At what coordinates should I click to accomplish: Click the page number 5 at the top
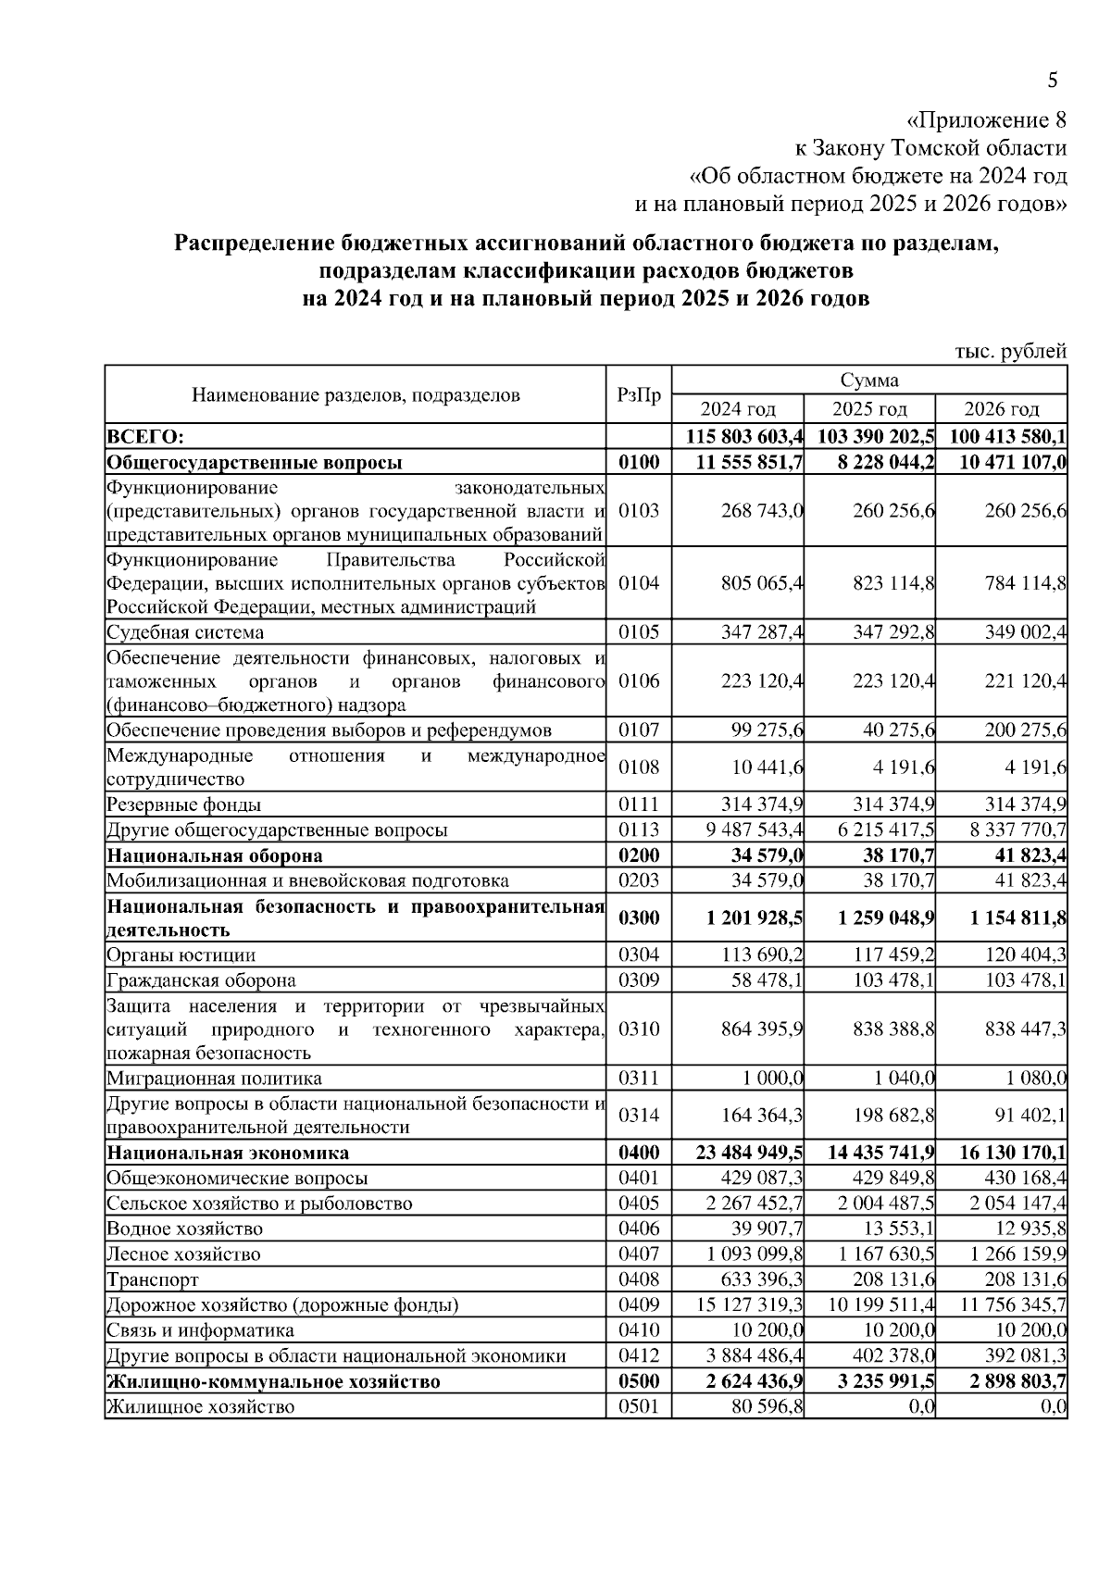tap(1053, 81)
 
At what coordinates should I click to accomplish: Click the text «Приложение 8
tap(986, 120)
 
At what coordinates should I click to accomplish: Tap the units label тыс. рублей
tap(1010, 351)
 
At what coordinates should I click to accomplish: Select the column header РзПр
tap(639, 395)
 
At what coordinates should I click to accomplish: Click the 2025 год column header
tap(869, 409)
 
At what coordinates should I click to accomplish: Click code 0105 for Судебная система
tap(639, 632)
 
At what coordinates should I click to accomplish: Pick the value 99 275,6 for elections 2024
tap(767, 730)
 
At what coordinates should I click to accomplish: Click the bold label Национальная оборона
tap(215, 855)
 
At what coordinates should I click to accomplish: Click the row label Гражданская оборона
tap(202, 980)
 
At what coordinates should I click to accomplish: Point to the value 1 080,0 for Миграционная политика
tap(1036, 1079)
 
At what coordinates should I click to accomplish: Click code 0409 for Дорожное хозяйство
tap(639, 1305)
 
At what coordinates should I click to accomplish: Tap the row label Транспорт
tap(153, 1280)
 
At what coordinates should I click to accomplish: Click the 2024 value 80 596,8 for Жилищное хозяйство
tap(767, 1407)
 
